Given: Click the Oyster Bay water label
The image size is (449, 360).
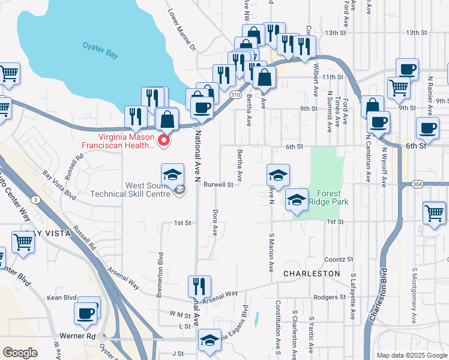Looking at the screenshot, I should pos(100,49).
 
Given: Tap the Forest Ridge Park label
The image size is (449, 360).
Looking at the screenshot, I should pos(329,197).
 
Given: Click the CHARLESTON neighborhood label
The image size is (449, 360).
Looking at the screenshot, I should pos(312,273).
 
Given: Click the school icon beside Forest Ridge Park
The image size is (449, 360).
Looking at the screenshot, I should pos(295,200).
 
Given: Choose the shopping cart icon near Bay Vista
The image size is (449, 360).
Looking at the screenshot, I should pos(23,243).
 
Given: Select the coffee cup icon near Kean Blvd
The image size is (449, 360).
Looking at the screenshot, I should pos(85,313).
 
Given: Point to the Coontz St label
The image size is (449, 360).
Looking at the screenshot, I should pos(339,259).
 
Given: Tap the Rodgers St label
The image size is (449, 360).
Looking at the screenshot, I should pos(326,297).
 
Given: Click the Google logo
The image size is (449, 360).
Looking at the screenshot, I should pos(20,353).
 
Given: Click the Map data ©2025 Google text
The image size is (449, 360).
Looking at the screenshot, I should pos(411,355).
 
